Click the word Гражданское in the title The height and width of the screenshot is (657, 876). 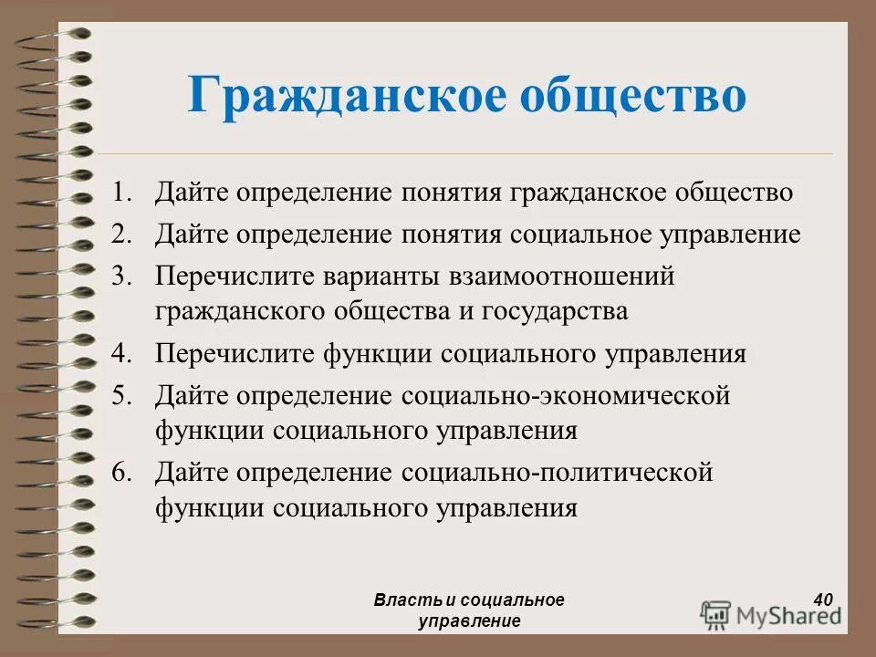click(x=347, y=96)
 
